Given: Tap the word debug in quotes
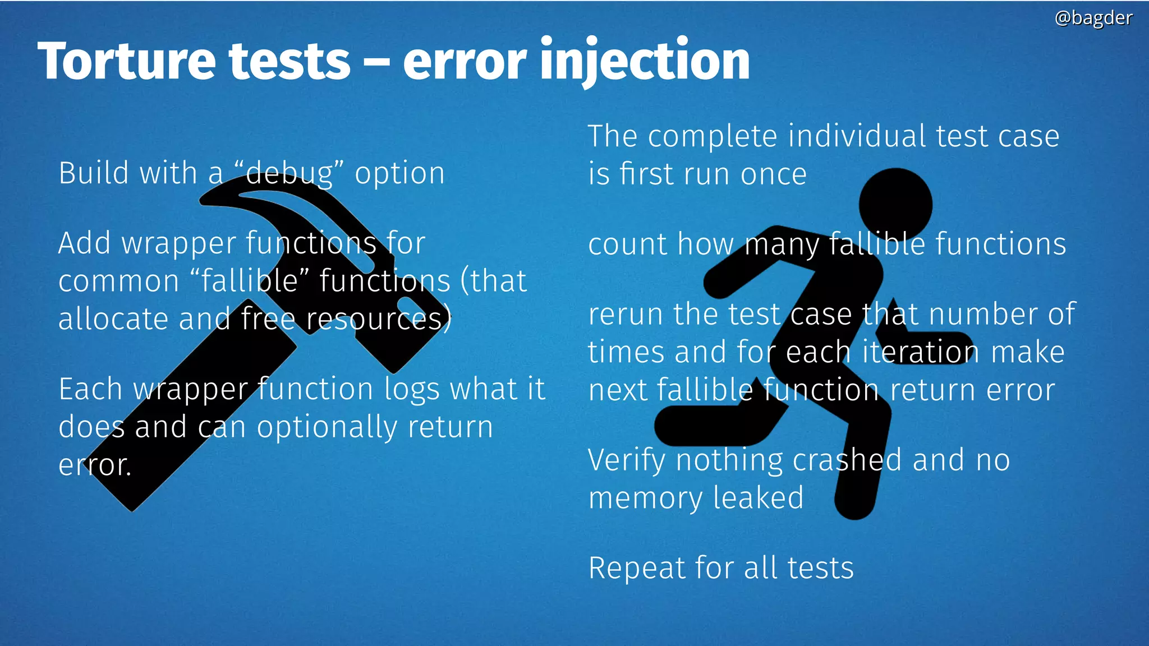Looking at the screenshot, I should [289, 173].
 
